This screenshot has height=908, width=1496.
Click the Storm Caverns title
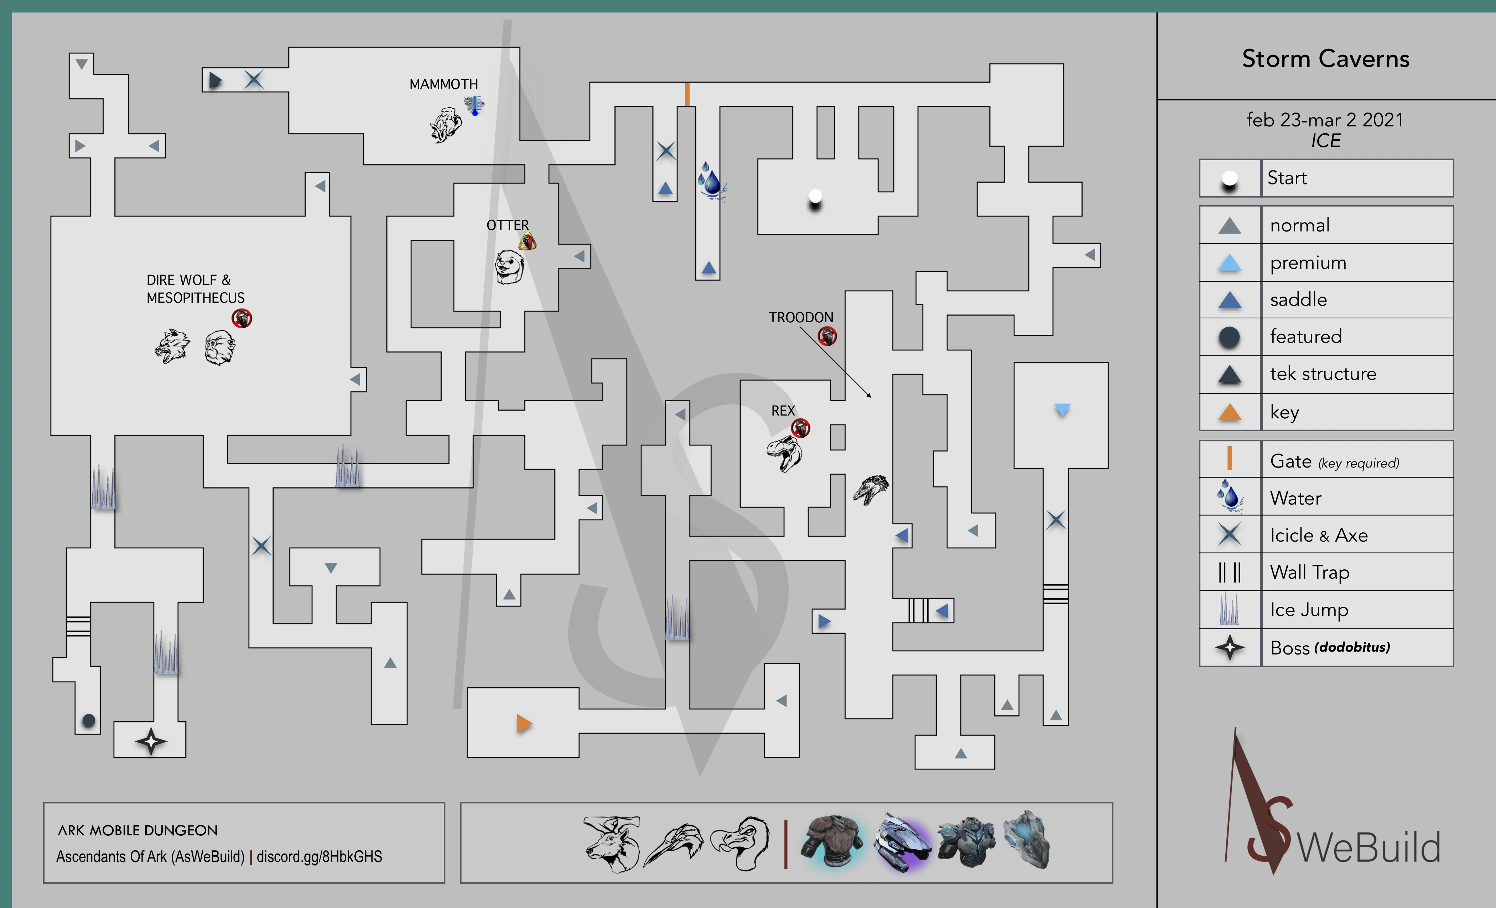1325,59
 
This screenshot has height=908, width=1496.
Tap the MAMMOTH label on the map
443,84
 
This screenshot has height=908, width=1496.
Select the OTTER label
508,225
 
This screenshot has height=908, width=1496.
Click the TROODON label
801,317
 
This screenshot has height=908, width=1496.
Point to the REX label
783,411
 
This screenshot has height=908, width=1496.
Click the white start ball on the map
815,196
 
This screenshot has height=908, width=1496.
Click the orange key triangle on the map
523,724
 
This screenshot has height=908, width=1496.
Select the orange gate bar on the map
687,95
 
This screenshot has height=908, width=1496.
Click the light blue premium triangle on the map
1062,410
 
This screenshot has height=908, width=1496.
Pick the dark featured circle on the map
89,720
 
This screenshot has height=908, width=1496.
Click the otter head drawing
509,267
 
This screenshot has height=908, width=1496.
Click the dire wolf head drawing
172,346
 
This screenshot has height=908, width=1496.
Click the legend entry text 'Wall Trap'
1310,572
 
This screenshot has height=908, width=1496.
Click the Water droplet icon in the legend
1230,496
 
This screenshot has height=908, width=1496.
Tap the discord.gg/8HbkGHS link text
320,856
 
